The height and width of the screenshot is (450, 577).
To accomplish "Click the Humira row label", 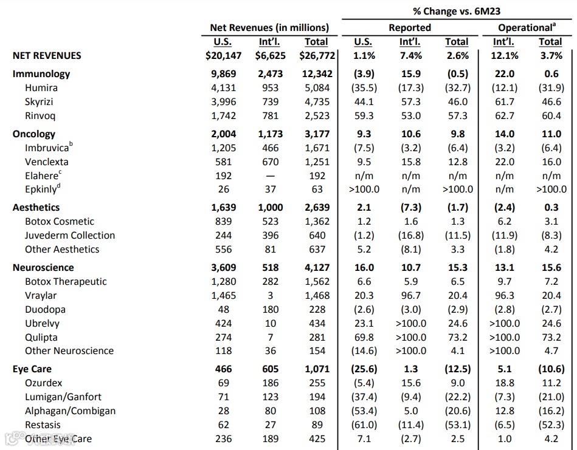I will click(x=41, y=88).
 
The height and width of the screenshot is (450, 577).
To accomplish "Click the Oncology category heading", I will click(x=34, y=134).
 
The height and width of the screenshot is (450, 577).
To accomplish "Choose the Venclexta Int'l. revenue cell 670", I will click(x=270, y=162).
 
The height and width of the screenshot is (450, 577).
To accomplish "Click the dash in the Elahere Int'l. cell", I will click(x=270, y=176).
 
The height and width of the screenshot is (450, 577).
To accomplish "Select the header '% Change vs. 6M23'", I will click(x=458, y=11).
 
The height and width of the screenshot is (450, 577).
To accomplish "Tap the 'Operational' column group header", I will click(x=527, y=27).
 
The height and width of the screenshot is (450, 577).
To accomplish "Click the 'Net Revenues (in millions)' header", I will click(x=269, y=27).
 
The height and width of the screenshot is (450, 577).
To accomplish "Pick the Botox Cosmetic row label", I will click(x=60, y=222).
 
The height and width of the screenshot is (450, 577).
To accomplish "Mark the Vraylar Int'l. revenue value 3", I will click(x=270, y=296).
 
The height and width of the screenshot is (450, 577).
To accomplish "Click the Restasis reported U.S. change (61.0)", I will click(x=364, y=425).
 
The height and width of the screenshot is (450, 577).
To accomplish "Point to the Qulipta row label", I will click(x=41, y=337).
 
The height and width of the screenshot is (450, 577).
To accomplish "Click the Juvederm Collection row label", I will click(x=70, y=236).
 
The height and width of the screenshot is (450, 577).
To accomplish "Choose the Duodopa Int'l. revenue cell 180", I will click(x=270, y=310).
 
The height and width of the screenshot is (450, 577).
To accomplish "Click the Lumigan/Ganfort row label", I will click(x=63, y=397).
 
